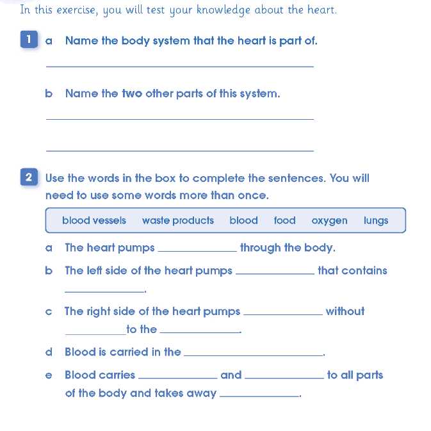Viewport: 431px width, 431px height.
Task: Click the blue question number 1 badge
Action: (28, 40)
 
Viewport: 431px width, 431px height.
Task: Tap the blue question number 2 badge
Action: (28, 177)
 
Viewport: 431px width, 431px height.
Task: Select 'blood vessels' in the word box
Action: (94, 221)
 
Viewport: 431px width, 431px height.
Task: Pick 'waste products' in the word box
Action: (178, 221)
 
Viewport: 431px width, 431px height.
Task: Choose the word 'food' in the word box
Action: (284, 221)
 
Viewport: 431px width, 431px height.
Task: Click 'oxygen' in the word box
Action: (329, 221)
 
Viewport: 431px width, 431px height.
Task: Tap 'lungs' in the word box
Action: (376, 221)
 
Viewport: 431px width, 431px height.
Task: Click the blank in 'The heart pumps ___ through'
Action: (197, 250)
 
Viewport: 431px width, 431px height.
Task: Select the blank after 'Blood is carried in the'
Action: (253, 354)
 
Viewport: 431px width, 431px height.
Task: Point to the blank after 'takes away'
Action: (259, 396)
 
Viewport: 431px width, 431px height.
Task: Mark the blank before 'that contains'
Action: (276, 273)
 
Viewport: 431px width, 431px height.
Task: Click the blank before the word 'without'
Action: (283, 314)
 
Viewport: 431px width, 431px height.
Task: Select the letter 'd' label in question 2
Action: (49, 352)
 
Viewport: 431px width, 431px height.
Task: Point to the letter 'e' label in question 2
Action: (49, 375)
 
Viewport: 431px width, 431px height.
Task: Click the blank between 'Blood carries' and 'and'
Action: (177, 378)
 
